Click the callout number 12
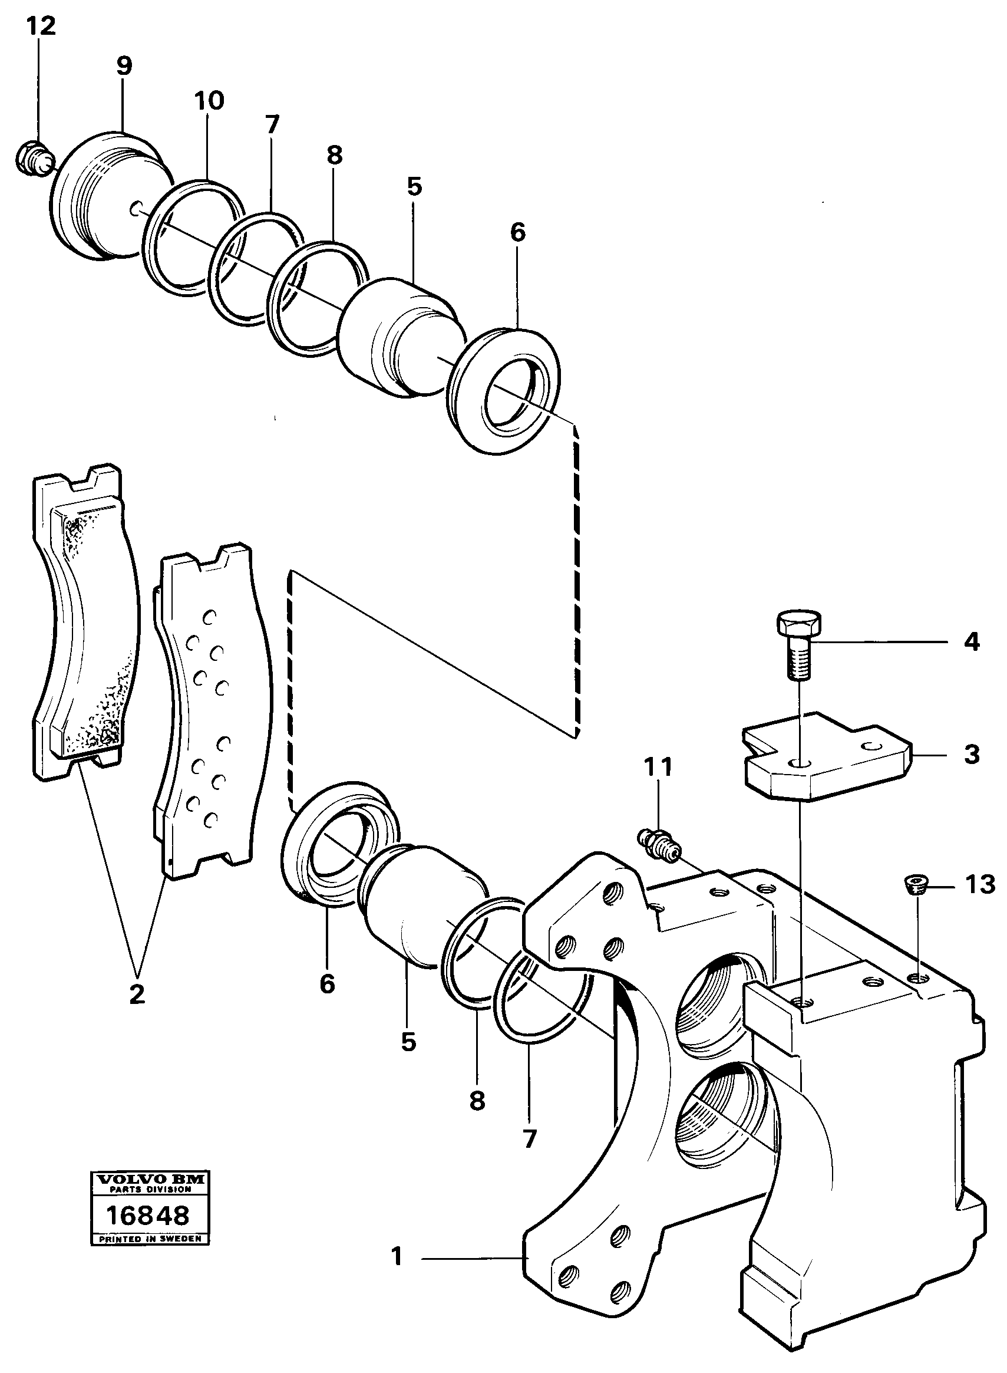click(x=41, y=26)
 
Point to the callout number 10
click(x=209, y=100)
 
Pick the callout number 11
click(x=658, y=767)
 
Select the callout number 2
click(x=137, y=995)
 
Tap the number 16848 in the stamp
click(x=148, y=1216)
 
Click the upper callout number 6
click(x=517, y=232)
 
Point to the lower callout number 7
click(x=529, y=1138)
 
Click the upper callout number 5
click(x=414, y=186)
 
